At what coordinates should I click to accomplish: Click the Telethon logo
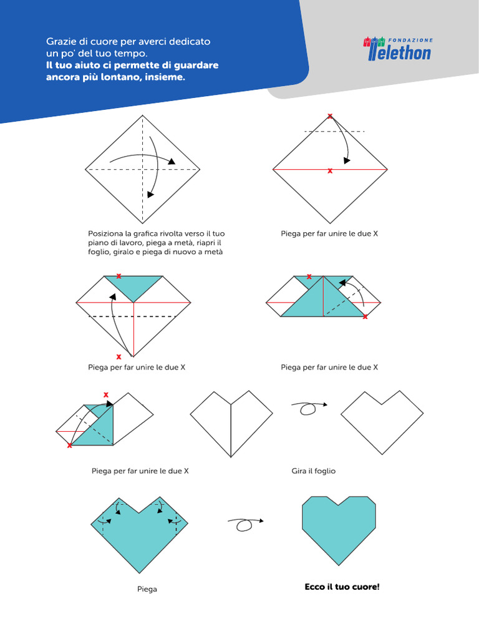pyautogui.click(x=399, y=52)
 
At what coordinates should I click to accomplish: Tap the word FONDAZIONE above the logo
pyautogui.click(x=410, y=39)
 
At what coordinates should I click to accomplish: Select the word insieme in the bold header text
pyautogui.click(x=165, y=78)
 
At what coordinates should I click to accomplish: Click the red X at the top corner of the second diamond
pyautogui.click(x=330, y=115)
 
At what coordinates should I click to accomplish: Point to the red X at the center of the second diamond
pyautogui.click(x=330, y=170)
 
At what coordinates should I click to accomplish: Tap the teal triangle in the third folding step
pyautogui.click(x=133, y=286)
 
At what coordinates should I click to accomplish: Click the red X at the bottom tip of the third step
pyautogui.click(x=119, y=357)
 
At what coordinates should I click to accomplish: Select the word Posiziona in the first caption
pyautogui.click(x=106, y=233)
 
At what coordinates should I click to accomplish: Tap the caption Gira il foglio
pyautogui.click(x=313, y=471)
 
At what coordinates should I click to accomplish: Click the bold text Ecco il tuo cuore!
pyautogui.click(x=342, y=587)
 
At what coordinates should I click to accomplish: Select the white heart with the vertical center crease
pyautogui.click(x=231, y=420)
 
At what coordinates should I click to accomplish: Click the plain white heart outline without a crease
pyautogui.click(x=382, y=419)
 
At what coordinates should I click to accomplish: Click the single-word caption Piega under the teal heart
pyautogui.click(x=147, y=589)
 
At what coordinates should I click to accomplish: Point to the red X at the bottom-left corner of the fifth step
pyautogui.click(x=69, y=446)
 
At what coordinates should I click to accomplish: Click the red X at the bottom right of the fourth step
pyautogui.click(x=365, y=317)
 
